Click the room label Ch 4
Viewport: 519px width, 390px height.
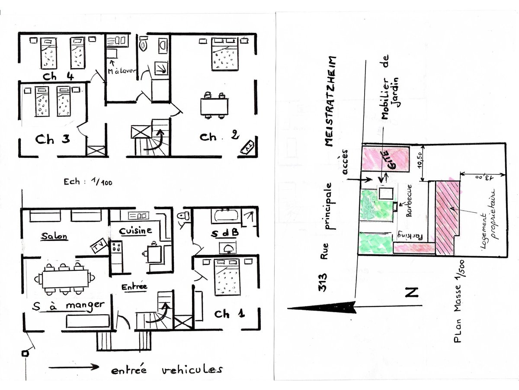click(x=58, y=76)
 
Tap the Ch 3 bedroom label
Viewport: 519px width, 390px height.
click(x=52, y=139)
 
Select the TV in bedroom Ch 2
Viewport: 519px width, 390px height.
click(x=247, y=146)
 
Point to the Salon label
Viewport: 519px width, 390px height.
click(x=54, y=236)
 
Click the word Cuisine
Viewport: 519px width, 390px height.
click(x=135, y=231)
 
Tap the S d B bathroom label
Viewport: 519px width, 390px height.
click(x=224, y=234)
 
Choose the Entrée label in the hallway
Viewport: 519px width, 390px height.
click(x=134, y=287)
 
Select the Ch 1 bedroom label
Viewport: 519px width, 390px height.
click(x=229, y=314)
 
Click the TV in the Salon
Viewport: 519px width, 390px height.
click(x=99, y=246)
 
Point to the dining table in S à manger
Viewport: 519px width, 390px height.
click(x=65, y=279)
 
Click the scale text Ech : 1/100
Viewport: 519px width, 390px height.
click(x=88, y=182)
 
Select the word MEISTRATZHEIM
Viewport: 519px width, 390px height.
click(x=330, y=101)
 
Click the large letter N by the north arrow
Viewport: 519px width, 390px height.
click(x=412, y=292)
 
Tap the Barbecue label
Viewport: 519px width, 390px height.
click(x=409, y=201)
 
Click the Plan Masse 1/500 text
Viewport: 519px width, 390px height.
click(x=459, y=302)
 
